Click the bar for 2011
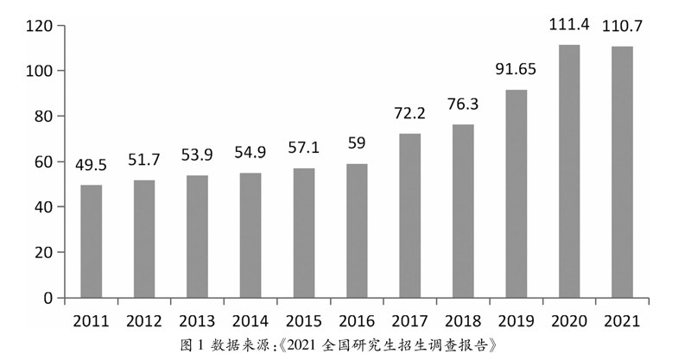(92, 242)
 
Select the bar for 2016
(357, 231)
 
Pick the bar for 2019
(516, 193)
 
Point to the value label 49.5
(92, 165)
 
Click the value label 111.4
(569, 24)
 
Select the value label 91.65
(516, 69)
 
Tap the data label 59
(357, 143)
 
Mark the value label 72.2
(409, 113)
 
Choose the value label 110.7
(622, 26)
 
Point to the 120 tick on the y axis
(41, 26)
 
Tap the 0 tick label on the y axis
(49, 298)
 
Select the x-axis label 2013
(197, 321)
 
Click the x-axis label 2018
(463, 321)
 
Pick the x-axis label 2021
(622, 321)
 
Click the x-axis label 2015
(304, 321)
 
